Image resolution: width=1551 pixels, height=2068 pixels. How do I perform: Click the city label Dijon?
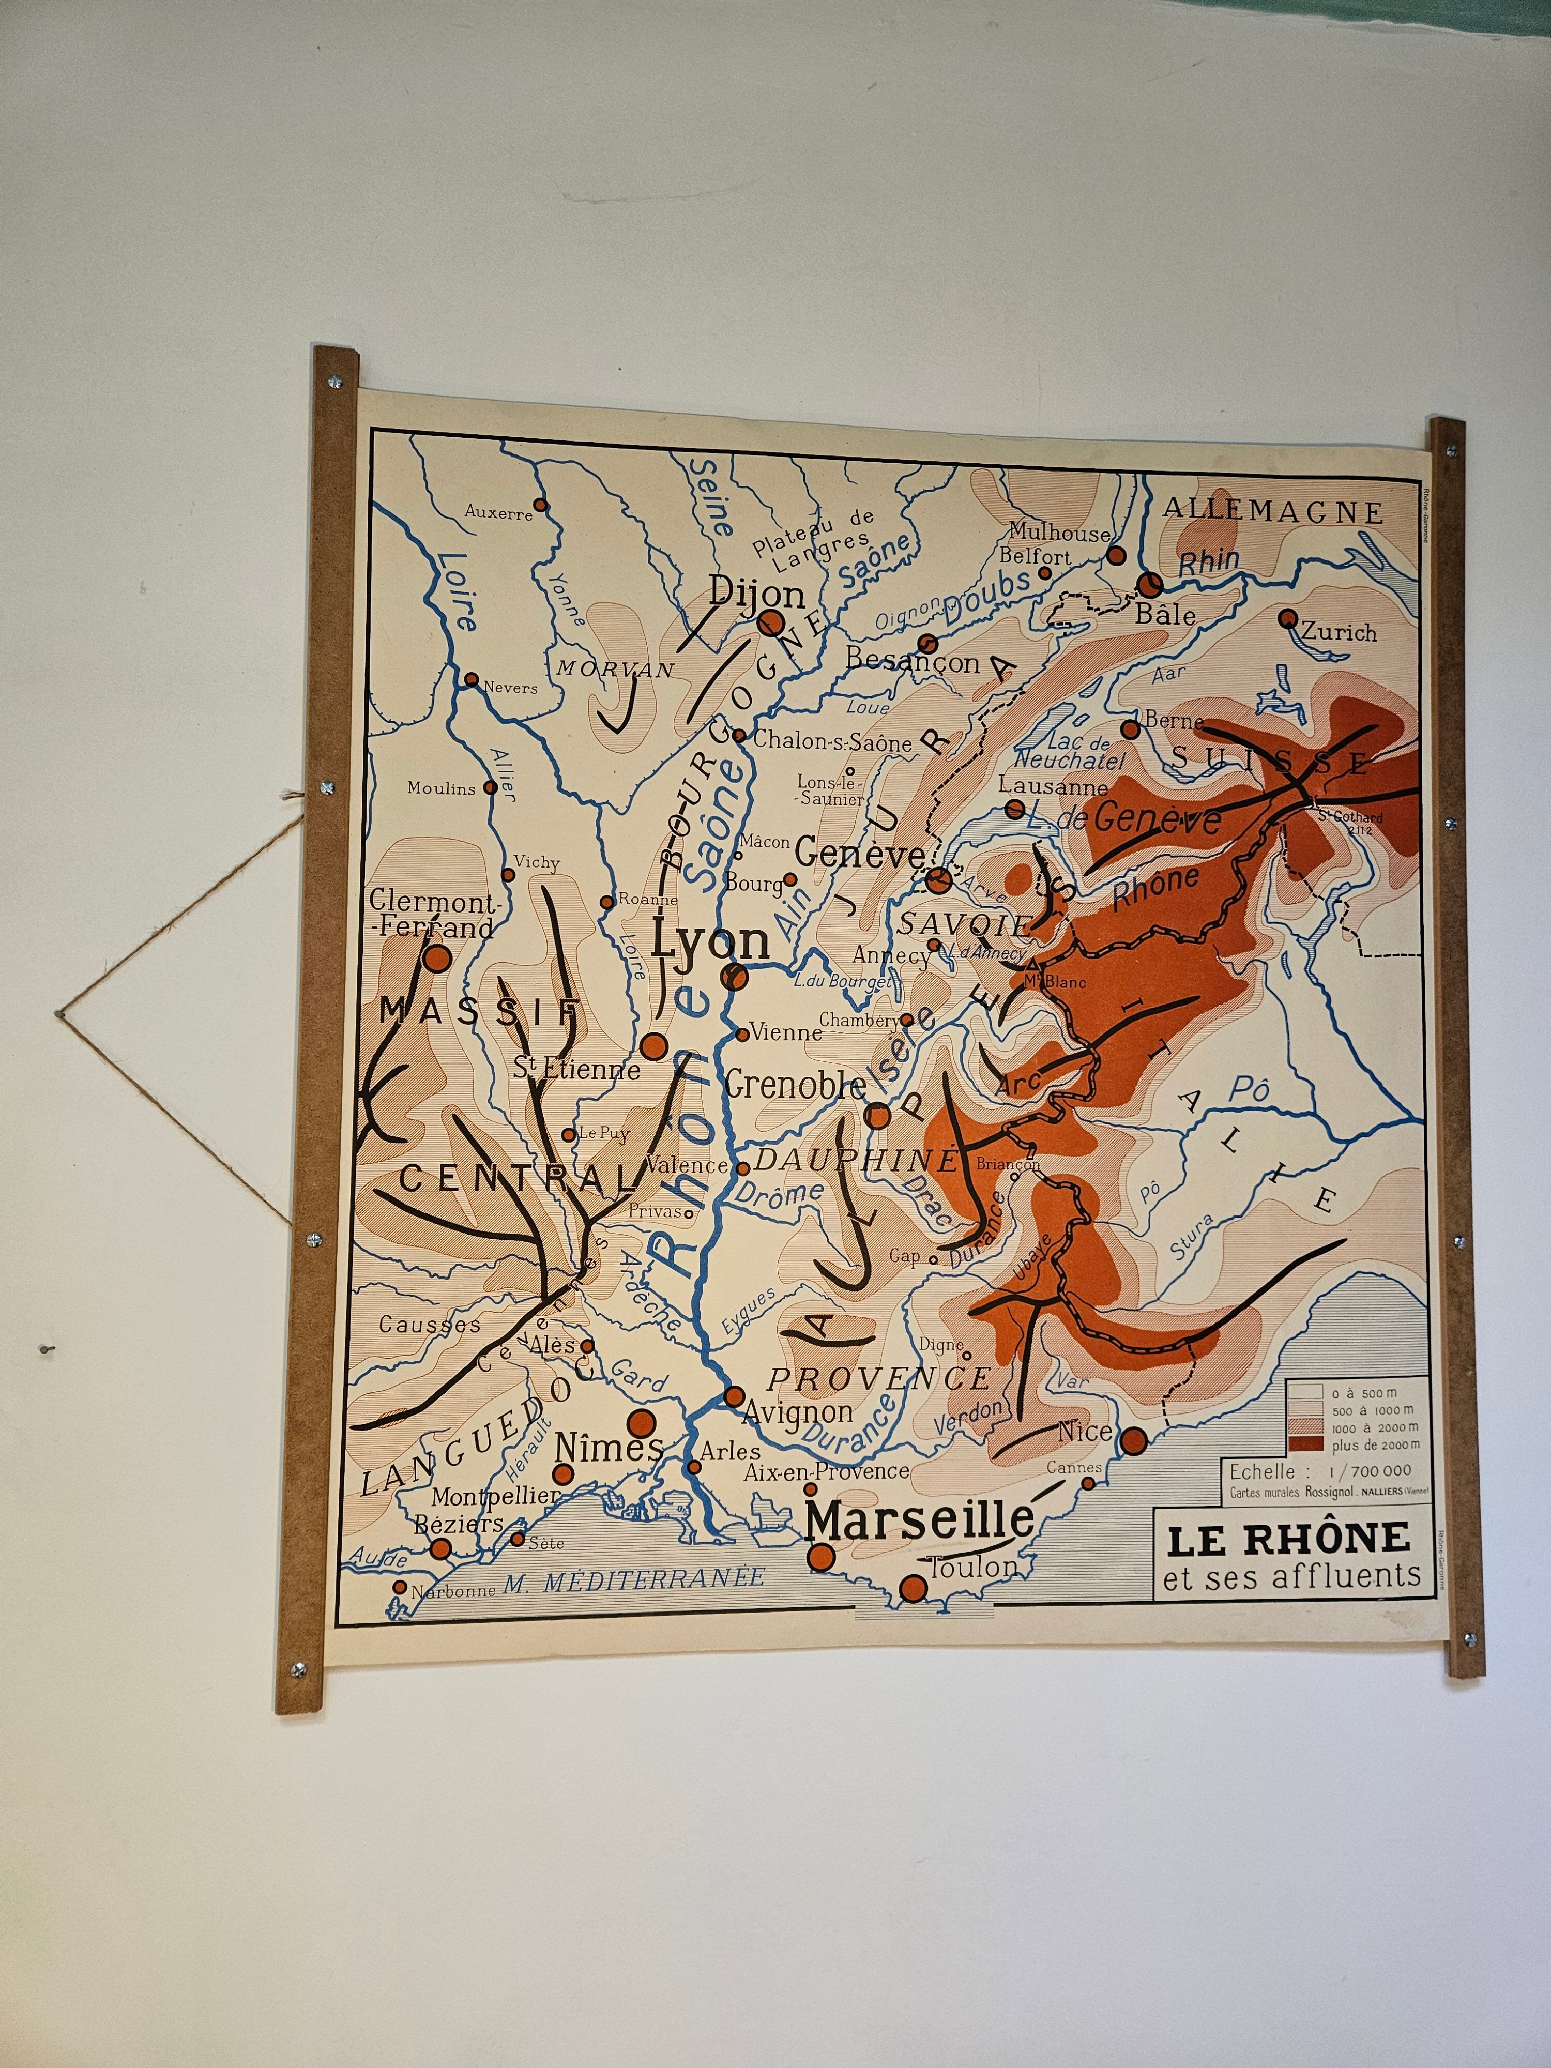[756, 592]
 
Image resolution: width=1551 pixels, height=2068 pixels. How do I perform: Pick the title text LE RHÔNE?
[1287, 1539]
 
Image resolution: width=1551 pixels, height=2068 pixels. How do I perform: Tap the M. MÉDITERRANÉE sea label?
[634, 1579]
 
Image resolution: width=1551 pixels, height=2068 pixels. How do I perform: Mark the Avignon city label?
[797, 1412]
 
